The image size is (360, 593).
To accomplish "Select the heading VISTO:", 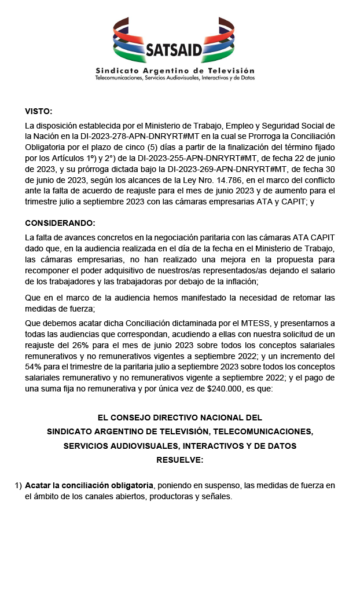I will [38, 111].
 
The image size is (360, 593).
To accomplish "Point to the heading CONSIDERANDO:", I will [60, 223].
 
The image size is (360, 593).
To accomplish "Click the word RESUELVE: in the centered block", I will [180, 460].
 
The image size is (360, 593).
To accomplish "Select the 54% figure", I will [34, 369].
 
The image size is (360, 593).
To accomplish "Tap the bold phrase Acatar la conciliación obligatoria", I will [89, 485].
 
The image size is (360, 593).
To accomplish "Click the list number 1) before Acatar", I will [18, 485].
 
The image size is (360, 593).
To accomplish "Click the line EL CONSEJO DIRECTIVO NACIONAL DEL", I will [180, 417].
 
